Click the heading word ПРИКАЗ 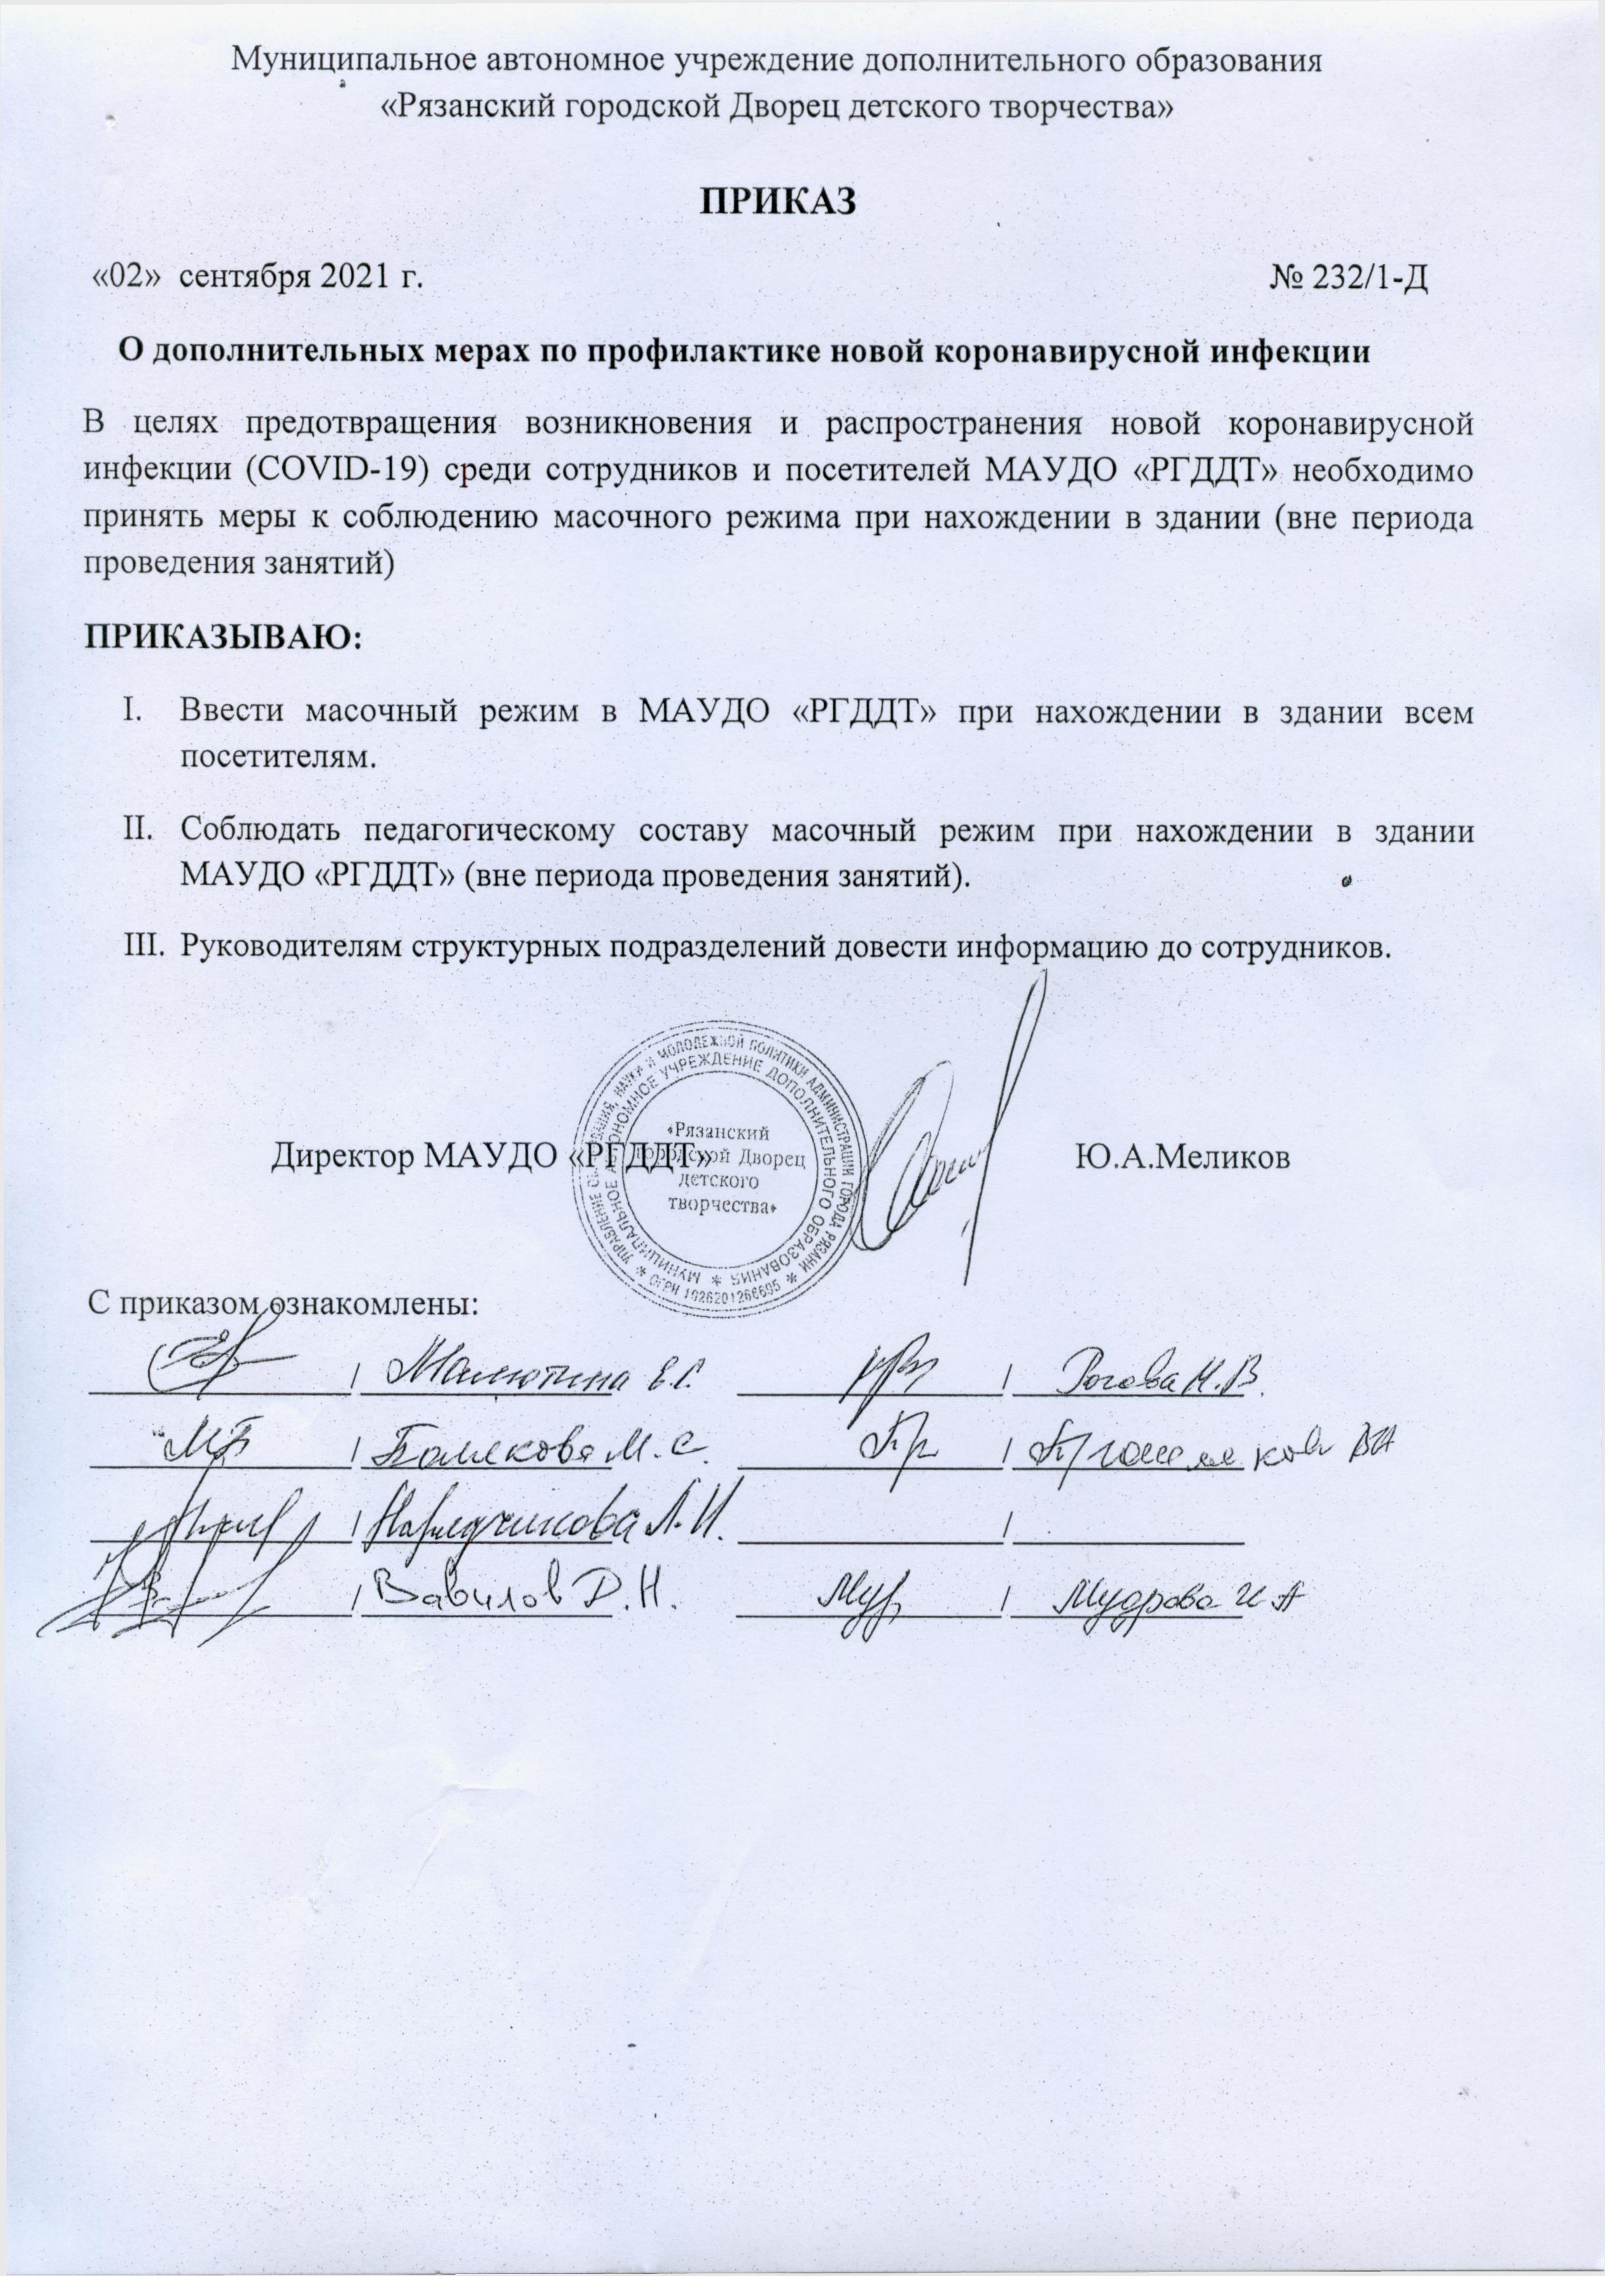778,199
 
